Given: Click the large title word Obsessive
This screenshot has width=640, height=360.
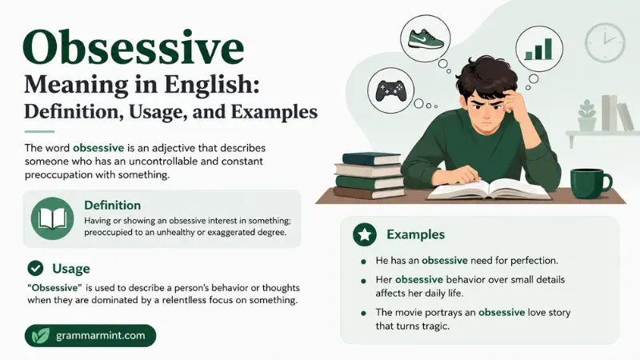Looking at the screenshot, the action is point(134,47).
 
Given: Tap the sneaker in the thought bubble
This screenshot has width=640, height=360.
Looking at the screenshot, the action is point(426,39).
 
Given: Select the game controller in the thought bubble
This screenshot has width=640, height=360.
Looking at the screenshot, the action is point(390,91).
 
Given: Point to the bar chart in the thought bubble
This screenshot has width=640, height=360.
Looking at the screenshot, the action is point(538,49).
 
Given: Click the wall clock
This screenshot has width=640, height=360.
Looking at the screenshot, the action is point(605,42).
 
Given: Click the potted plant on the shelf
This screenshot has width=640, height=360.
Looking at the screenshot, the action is point(587,115).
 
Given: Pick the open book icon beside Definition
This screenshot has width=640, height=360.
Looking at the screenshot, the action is point(52,218).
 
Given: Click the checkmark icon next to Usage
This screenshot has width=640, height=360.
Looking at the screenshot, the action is point(35,268).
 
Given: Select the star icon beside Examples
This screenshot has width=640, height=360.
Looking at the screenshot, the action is point(365,234).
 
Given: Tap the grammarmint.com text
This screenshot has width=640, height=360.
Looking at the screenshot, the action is point(101,335).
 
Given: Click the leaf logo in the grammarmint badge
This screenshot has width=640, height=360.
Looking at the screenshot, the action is point(41,335).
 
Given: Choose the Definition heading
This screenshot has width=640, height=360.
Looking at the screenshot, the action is point(112,205).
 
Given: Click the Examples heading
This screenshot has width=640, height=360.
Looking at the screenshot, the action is point(415,234).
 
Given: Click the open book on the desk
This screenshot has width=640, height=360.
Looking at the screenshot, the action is point(489,190).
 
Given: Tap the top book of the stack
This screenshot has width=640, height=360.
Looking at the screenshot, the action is point(371,158).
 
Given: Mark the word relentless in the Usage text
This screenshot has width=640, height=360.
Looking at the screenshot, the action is point(183,301).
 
